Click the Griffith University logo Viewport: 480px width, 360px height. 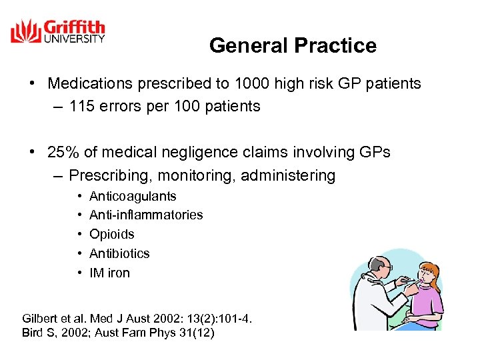[58, 32]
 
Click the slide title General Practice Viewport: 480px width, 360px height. [293, 45]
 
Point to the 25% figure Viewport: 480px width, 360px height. [63, 152]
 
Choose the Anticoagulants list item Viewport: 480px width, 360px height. [133, 196]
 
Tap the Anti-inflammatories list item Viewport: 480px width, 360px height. [146, 215]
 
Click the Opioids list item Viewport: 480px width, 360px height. [112, 234]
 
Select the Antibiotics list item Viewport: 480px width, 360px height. [119, 253]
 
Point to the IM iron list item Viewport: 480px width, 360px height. [109, 273]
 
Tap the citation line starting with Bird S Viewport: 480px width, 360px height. [118, 333]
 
